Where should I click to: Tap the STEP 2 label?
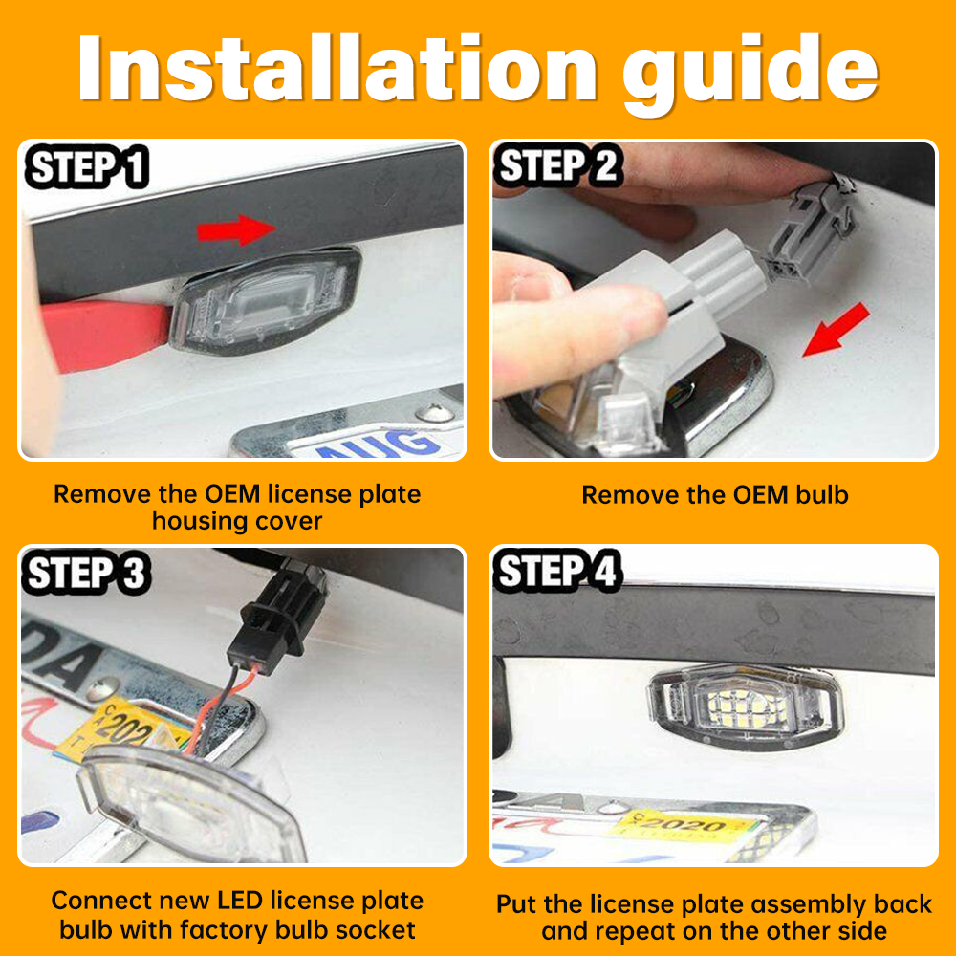(x=558, y=167)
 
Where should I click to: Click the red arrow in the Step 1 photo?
(x=235, y=229)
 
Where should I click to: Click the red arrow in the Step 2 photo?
(x=836, y=330)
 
